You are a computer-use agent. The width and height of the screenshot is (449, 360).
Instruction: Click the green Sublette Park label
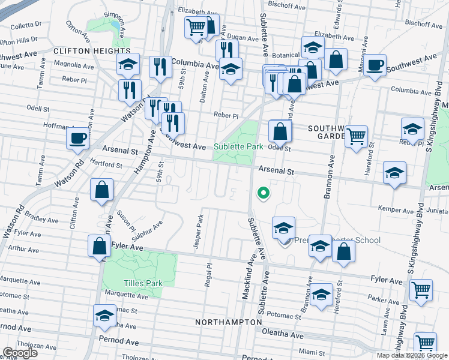point(238,146)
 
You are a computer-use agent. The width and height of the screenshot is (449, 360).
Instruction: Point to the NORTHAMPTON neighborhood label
point(225,322)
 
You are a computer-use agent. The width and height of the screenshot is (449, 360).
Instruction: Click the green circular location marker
point(262,193)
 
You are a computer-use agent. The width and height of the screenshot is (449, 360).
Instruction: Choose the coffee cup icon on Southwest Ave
point(375,65)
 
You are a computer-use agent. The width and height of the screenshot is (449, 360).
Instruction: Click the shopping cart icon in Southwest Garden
point(357,136)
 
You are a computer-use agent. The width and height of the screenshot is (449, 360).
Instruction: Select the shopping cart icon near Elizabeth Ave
point(196,27)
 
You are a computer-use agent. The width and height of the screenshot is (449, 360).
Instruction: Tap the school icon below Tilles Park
point(105,316)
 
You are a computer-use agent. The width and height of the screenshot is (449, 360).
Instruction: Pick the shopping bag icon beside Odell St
point(280,131)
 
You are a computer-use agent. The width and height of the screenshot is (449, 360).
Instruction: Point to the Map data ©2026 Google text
point(411,355)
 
